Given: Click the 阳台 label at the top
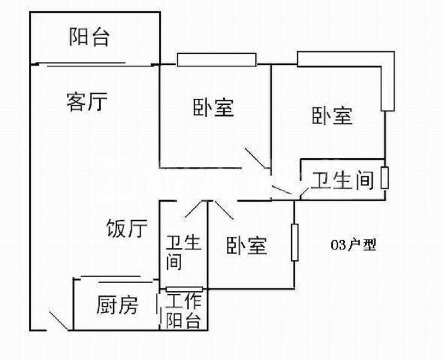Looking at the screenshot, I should pyautogui.click(x=89, y=37).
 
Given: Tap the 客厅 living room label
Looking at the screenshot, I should pyautogui.click(x=86, y=102).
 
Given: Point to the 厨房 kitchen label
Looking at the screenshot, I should pyautogui.click(x=117, y=305).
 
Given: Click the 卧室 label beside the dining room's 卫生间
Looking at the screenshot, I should pyautogui.click(x=247, y=245).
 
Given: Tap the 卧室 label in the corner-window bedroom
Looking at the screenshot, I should pyautogui.click(x=332, y=115).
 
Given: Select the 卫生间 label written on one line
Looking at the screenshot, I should pyautogui.click(x=342, y=180).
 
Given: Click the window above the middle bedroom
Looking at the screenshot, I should pyautogui.click(x=216, y=60).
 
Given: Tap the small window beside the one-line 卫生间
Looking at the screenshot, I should pyautogui.click(x=384, y=178).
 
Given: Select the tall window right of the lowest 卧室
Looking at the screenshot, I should pyautogui.click(x=294, y=243).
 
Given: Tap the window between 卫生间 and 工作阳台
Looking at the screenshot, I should pyautogui.click(x=184, y=289).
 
